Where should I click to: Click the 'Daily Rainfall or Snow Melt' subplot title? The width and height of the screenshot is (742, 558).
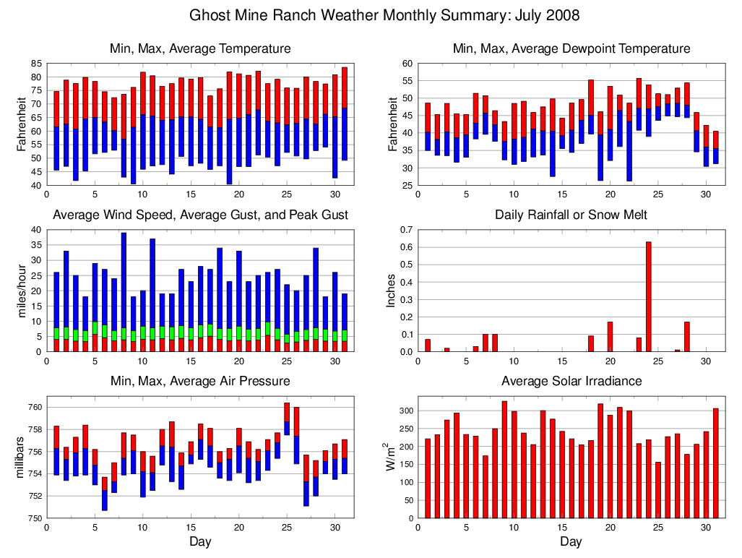pyautogui.click(x=571, y=215)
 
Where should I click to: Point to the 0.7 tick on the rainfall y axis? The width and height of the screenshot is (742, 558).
pyautogui.click(x=405, y=230)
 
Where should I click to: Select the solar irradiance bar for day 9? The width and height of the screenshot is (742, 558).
pyautogui.click(x=504, y=459)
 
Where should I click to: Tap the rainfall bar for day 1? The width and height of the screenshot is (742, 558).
pyautogui.click(x=428, y=345)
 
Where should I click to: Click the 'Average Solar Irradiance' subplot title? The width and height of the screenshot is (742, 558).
pyautogui.click(x=571, y=381)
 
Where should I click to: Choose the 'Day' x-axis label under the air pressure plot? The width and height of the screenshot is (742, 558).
pyautogui.click(x=200, y=541)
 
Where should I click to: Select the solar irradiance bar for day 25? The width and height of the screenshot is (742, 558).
pyautogui.click(x=658, y=490)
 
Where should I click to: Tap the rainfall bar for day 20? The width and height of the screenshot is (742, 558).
pyautogui.click(x=610, y=337)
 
